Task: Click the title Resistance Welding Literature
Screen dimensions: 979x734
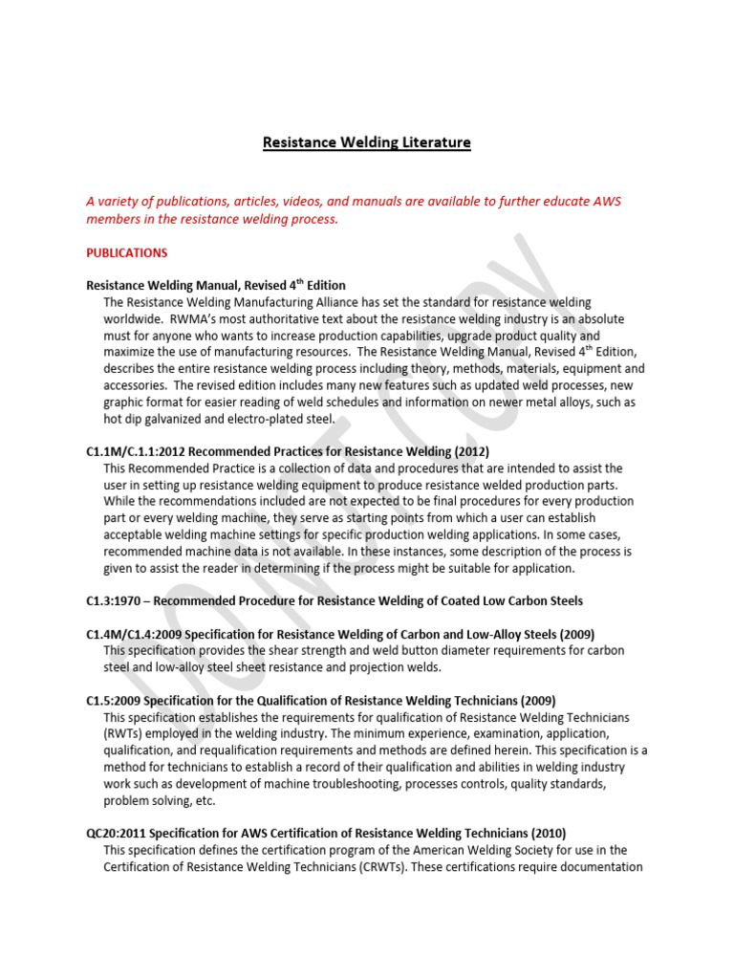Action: pyautogui.click(x=367, y=142)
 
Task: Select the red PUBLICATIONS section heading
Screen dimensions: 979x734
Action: pyautogui.click(x=126, y=253)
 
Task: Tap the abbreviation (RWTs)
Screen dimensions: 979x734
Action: pyautogui.click(x=125, y=733)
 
